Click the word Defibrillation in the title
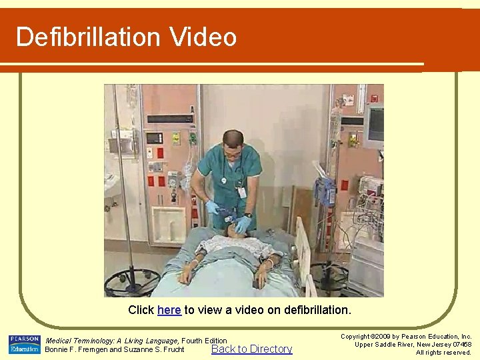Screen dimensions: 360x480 pyautogui.click(x=89, y=37)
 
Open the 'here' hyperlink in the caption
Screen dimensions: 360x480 pyautogui.click(x=169, y=310)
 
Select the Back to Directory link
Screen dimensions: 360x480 pyautogui.click(x=251, y=349)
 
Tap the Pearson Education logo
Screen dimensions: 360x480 pyautogui.click(x=25, y=344)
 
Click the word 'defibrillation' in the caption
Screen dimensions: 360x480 pyautogui.click(x=317, y=310)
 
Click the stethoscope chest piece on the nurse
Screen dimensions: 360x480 pyautogui.click(x=225, y=181)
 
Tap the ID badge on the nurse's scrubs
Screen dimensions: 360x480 pyautogui.click(x=242, y=191)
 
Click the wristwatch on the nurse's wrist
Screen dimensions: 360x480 pyautogui.click(x=247, y=215)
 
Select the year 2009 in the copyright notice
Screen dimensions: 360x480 pyautogui.click(x=385, y=337)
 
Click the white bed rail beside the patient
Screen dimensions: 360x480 pyautogui.click(x=303, y=250)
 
